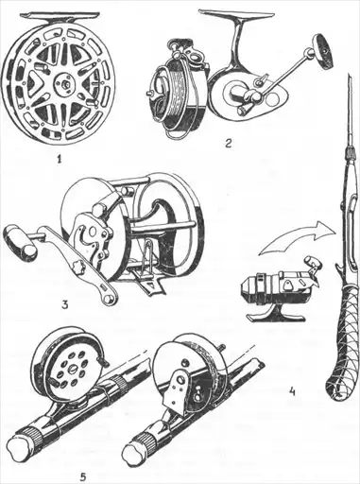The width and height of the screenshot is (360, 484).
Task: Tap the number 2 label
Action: [228, 143]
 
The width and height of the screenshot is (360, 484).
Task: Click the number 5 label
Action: [83, 476]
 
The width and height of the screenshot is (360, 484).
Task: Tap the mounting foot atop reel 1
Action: [60, 15]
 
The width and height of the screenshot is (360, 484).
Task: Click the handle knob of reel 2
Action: [322, 51]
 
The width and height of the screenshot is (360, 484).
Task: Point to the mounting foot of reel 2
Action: [237, 14]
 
